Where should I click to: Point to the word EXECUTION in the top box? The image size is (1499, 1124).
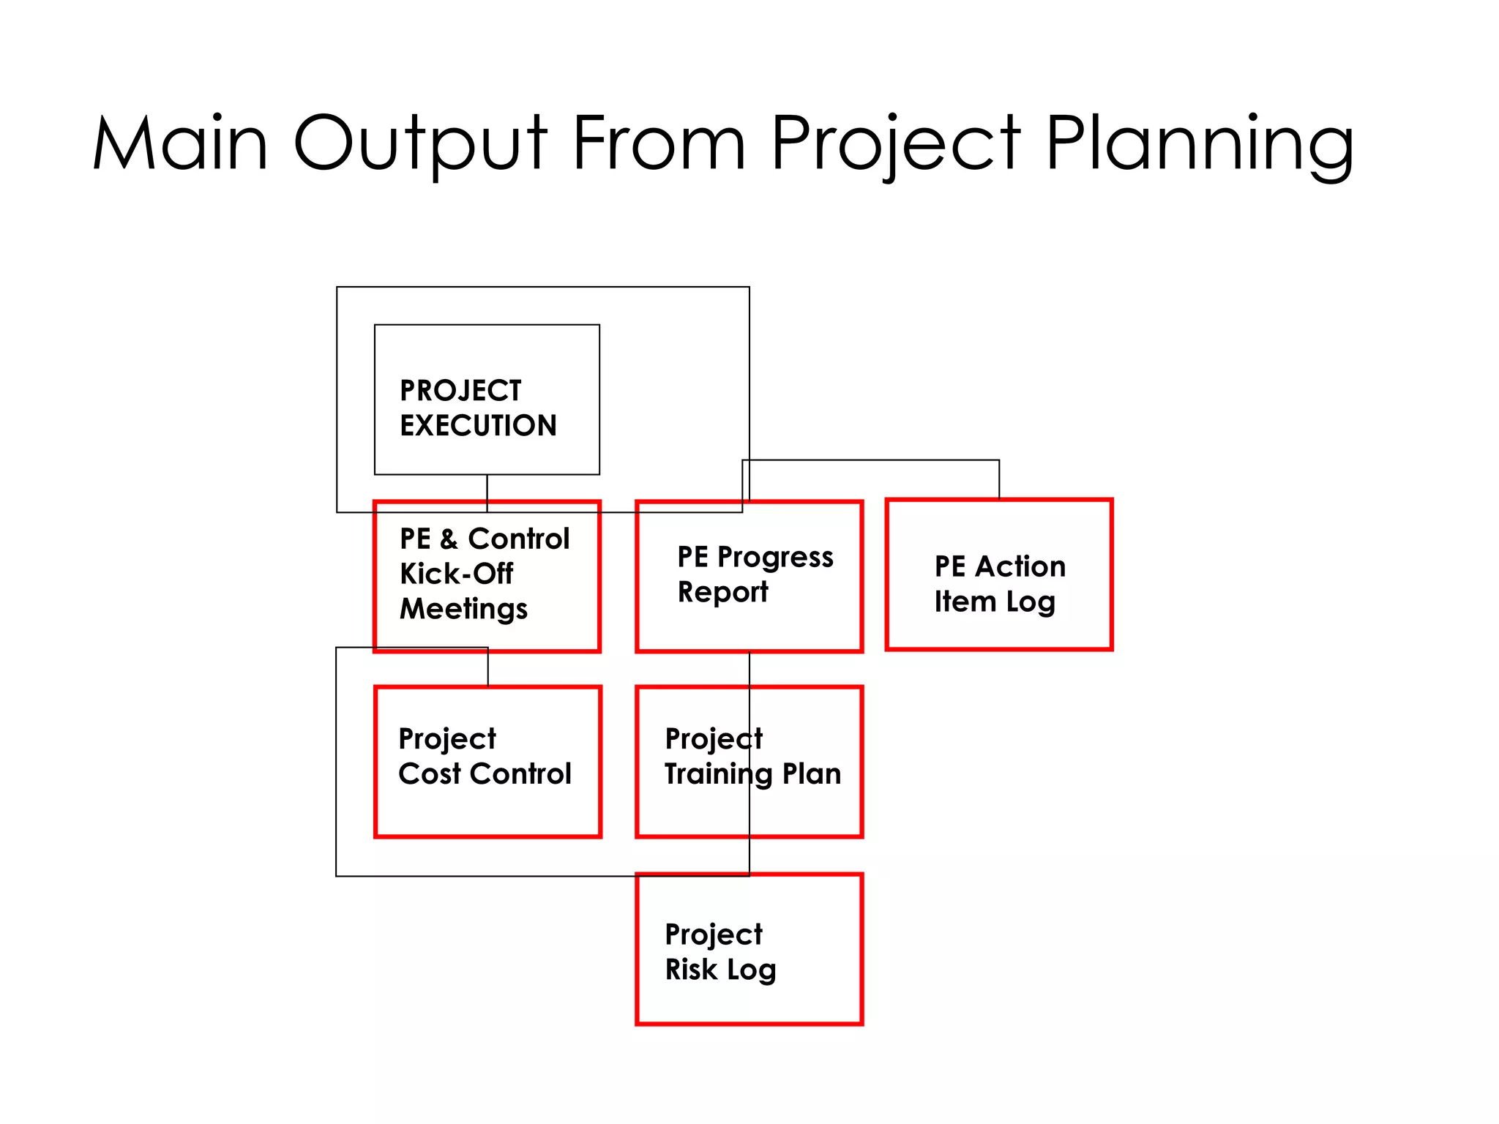[478, 425]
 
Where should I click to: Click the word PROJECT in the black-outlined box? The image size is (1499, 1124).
[460, 391]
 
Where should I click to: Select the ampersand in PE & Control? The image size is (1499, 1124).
[449, 539]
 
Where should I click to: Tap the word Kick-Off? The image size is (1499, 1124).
[456, 574]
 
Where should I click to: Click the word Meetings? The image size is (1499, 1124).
[463, 609]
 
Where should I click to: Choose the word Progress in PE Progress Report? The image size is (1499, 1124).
[774, 558]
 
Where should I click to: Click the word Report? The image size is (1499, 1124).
[722, 592]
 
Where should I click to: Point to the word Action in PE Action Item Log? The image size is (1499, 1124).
[1020, 566]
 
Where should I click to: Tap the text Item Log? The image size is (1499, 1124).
[994, 602]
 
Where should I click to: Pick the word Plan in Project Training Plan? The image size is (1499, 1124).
[812, 773]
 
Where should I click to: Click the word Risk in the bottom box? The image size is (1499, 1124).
[690, 970]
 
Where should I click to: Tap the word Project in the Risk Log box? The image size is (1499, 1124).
[714, 934]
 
